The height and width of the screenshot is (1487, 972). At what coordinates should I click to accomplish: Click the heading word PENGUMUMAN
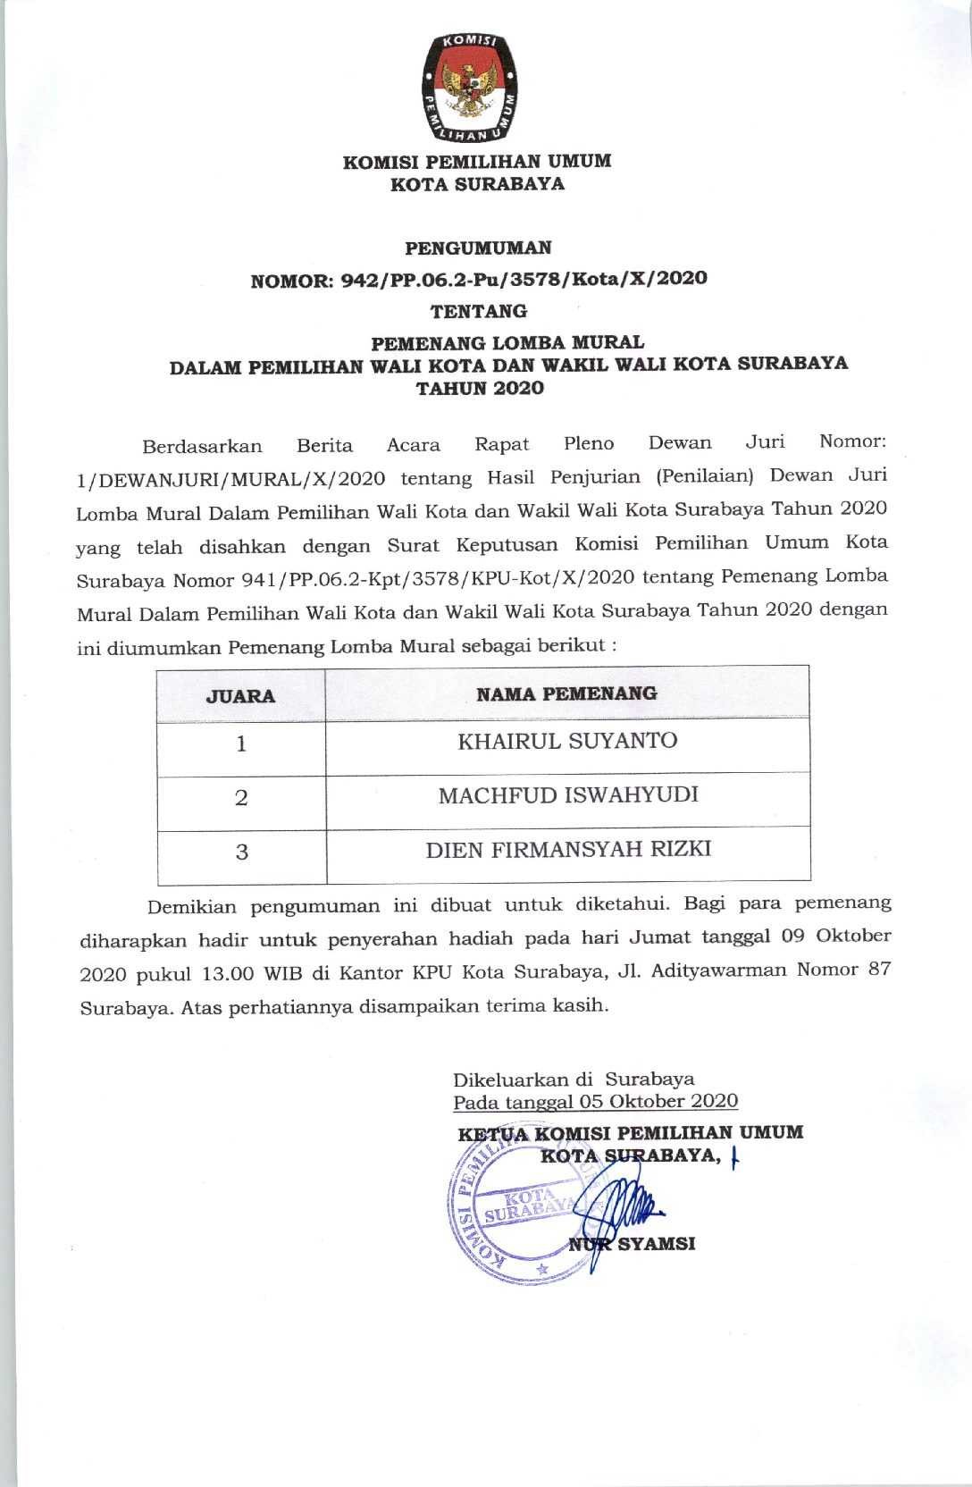(x=478, y=248)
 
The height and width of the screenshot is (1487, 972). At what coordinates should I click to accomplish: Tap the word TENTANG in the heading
(x=478, y=312)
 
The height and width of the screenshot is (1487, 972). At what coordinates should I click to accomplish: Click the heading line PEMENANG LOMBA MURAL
(x=507, y=342)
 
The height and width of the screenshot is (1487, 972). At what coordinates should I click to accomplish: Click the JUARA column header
(x=241, y=695)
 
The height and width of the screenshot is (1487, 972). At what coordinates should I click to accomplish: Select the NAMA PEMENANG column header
(x=566, y=693)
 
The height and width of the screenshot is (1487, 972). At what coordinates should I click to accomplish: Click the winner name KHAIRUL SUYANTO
(x=567, y=741)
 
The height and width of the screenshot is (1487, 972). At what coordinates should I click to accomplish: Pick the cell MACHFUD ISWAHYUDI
(x=568, y=795)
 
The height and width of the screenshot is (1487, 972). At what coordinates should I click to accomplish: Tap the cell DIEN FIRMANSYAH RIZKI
(x=568, y=849)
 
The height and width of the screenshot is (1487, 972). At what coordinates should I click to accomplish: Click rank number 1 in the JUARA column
(x=241, y=743)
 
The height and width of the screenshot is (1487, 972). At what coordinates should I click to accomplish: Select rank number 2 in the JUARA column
(x=241, y=798)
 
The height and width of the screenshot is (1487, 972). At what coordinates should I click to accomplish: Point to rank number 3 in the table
(x=241, y=852)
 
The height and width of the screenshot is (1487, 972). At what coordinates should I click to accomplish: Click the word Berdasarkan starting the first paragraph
(x=202, y=446)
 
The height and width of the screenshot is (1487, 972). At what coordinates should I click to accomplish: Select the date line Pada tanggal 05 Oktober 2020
(x=595, y=1101)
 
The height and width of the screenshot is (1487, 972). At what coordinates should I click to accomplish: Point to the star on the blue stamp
(x=540, y=1268)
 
